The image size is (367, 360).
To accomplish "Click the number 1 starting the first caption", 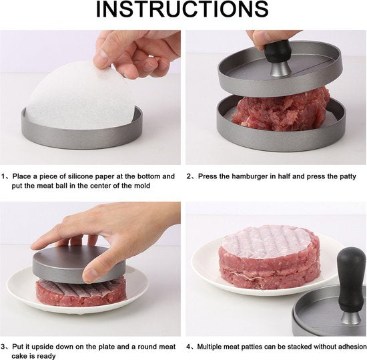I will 4,176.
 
